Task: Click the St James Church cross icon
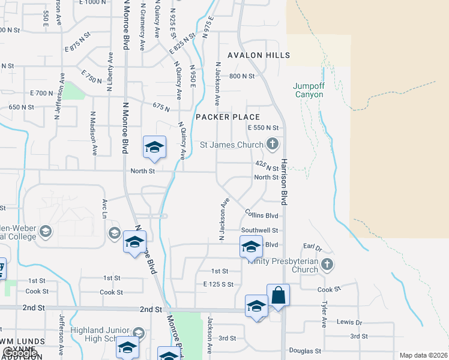point(273,144)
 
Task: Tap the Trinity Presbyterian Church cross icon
point(327,263)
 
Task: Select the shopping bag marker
point(279,296)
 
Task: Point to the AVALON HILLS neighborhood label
point(259,55)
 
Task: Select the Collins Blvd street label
point(261,214)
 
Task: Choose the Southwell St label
point(259,230)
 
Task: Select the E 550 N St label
point(263,128)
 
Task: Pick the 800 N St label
point(242,76)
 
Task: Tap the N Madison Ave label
point(94,133)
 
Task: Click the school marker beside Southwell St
point(252,246)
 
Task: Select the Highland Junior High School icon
point(139,332)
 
